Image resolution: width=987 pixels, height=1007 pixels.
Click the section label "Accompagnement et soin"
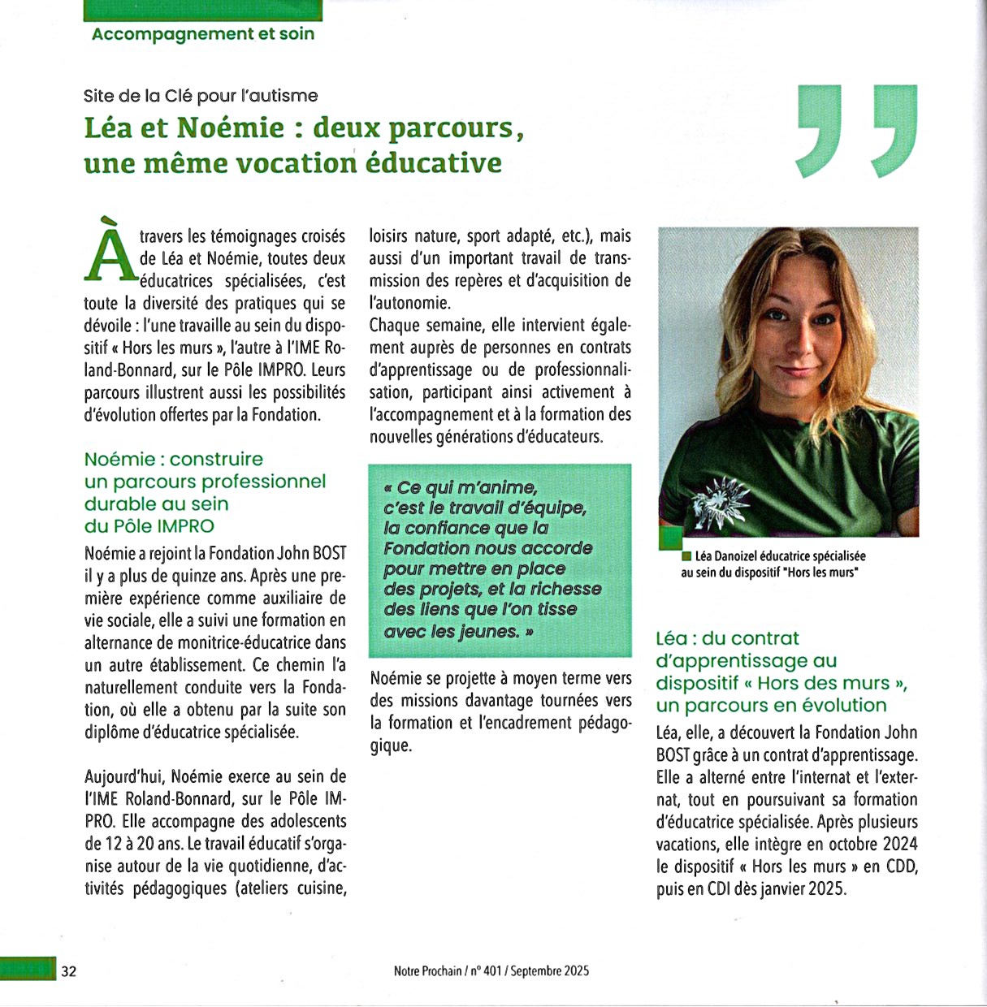coord(202,34)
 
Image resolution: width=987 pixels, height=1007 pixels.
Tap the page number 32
coord(69,971)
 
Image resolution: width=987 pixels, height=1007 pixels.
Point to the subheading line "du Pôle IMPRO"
coord(149,526)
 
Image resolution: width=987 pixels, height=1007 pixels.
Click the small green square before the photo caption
coord(686,556)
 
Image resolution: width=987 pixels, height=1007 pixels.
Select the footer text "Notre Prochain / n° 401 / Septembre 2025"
coord(491,971)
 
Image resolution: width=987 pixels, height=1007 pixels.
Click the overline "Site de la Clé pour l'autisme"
coord(201,96)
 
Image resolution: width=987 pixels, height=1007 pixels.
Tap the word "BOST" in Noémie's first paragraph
coord(330,554)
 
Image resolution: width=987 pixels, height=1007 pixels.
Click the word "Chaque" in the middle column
coord(396,326)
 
